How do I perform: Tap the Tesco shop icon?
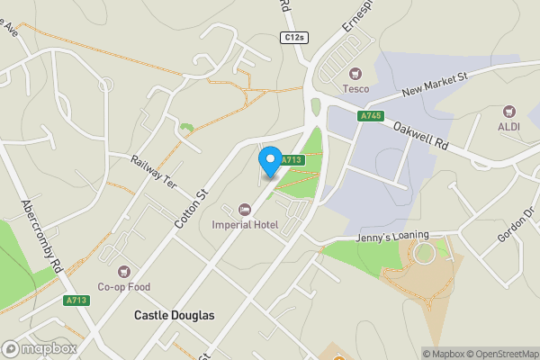[x=355, y=73]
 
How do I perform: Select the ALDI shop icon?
[x=510, y=112]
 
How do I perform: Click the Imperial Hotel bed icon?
[x=245, y=209]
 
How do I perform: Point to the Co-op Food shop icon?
[x=124, y=271]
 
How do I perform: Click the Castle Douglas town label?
[x=175, y=315]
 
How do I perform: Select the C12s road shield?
[x=293, y=37]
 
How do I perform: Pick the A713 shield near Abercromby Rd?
[x=76, y=300]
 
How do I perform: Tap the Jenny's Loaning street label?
[x=365, y=235]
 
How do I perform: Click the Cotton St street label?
[x=192, y=208]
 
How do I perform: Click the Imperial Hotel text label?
[x=245, y=224]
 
